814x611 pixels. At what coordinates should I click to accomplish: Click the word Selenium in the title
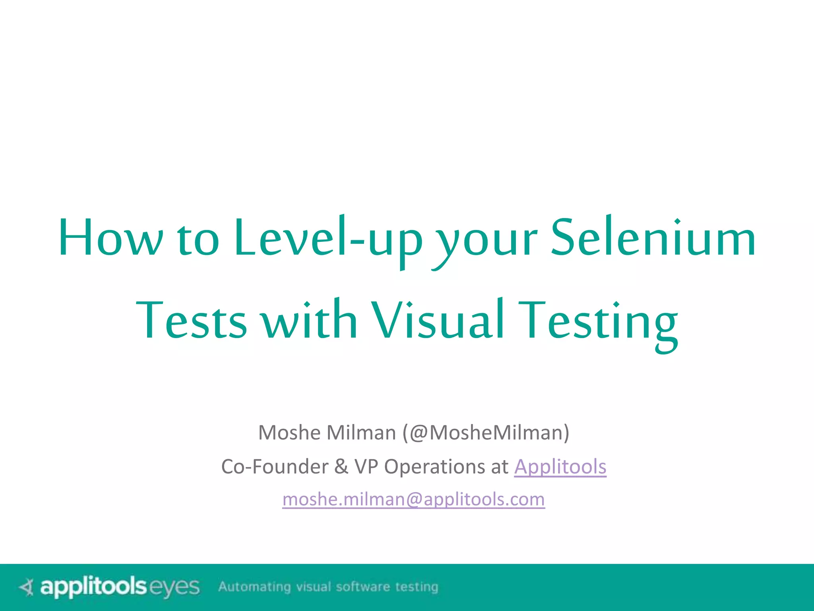[653, 237]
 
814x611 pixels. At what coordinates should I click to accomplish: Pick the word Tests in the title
[191, 320]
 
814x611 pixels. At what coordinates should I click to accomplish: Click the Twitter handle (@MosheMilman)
[486, 432]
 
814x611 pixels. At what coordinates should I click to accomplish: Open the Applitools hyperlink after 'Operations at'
[560, 466]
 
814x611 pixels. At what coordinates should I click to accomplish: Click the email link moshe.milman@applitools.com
[413, 499]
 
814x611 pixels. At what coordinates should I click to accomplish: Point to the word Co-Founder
[275, 466]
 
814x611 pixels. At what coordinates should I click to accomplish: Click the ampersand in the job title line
[341, 466]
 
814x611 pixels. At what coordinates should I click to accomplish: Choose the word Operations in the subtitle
[434, 466]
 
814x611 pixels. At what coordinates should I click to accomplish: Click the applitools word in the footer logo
[93, 587]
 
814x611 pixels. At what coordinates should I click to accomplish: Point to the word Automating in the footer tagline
[254, 587]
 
